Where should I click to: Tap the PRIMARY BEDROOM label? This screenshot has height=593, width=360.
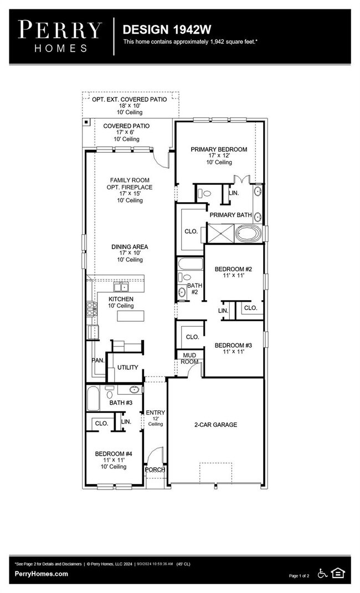219,149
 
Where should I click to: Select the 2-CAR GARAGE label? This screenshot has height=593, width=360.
215,425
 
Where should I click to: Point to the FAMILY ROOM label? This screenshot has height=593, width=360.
130,181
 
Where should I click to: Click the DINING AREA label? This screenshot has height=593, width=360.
130,247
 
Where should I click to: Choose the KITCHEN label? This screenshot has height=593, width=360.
121,299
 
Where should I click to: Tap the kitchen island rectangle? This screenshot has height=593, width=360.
130,316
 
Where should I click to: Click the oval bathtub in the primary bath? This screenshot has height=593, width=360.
248,233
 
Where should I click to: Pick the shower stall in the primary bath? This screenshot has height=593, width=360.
220,233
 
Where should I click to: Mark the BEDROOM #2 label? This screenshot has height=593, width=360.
233,270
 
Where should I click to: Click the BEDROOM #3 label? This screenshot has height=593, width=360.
233,344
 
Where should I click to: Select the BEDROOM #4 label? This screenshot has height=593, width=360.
114,453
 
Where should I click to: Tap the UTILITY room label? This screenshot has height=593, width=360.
127,368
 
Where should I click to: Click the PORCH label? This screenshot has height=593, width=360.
155,470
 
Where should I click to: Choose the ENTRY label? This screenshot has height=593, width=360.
156,412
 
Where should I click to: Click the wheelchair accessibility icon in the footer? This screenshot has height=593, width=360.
323,573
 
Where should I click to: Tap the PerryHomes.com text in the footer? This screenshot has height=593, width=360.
42,574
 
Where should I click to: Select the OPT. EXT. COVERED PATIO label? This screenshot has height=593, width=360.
129,100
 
